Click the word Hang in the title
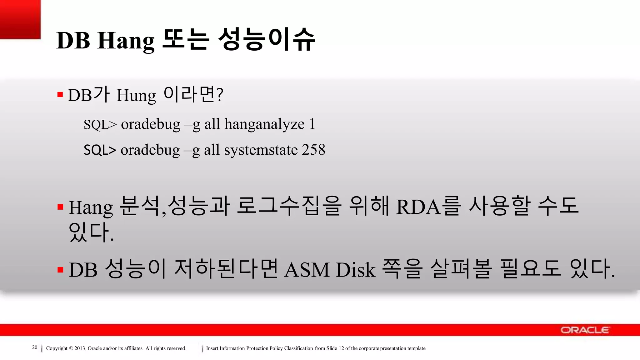(x=126, y=41)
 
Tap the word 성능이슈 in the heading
(x=267, y=39)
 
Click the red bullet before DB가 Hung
(x=60, y=94)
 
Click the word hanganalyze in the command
(x=264, y=124)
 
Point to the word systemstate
(x=261, y=150)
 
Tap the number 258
(x=313, y=150)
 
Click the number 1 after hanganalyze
(x=312, y=124)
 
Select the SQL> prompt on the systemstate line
(x=100, y=150)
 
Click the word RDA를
(x=428, y=206)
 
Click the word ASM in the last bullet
(x=307, y=269)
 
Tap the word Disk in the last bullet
(x=355, y=269)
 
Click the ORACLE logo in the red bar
(x=585, y=330)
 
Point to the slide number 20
(x=35, y=347)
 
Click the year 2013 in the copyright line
(x=80, y=348)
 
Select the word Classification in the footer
(x=298, y=348)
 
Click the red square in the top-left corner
(x=20, y=19)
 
